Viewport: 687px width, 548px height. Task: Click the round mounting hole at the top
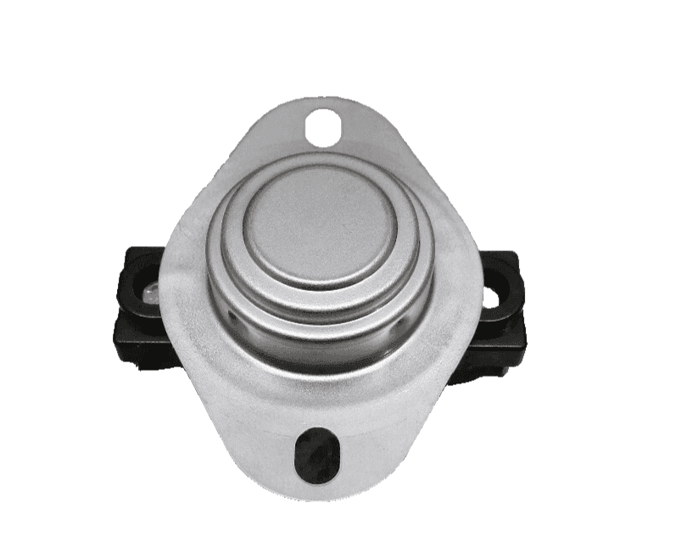pos(323,127)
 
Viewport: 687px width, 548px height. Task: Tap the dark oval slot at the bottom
pos(316,455)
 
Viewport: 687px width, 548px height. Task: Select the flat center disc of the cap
pos(318,224)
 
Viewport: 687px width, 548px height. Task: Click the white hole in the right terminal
pos(491,297)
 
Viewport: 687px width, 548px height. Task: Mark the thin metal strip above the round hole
pos(323,105)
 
